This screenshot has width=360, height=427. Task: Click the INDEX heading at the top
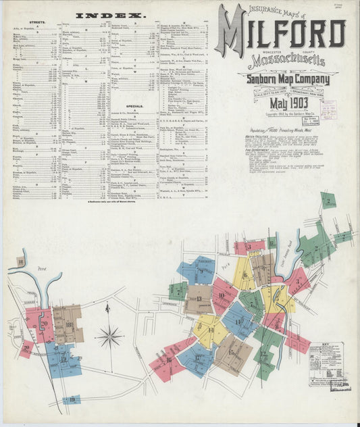click(x=111, y=14)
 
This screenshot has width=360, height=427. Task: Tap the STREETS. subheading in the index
click(x=38, y=22)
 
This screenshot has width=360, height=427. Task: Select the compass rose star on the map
click(x=109, y=335)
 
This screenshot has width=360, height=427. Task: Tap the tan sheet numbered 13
click(x=199, y=298)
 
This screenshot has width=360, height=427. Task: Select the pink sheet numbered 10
click(x=224, y=295)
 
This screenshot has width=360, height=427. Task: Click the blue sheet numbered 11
click(x=238, y=321)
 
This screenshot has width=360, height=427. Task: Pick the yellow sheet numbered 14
click(x=209, y=331)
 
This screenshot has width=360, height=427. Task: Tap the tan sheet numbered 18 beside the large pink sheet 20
click(x=69, y=324)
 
